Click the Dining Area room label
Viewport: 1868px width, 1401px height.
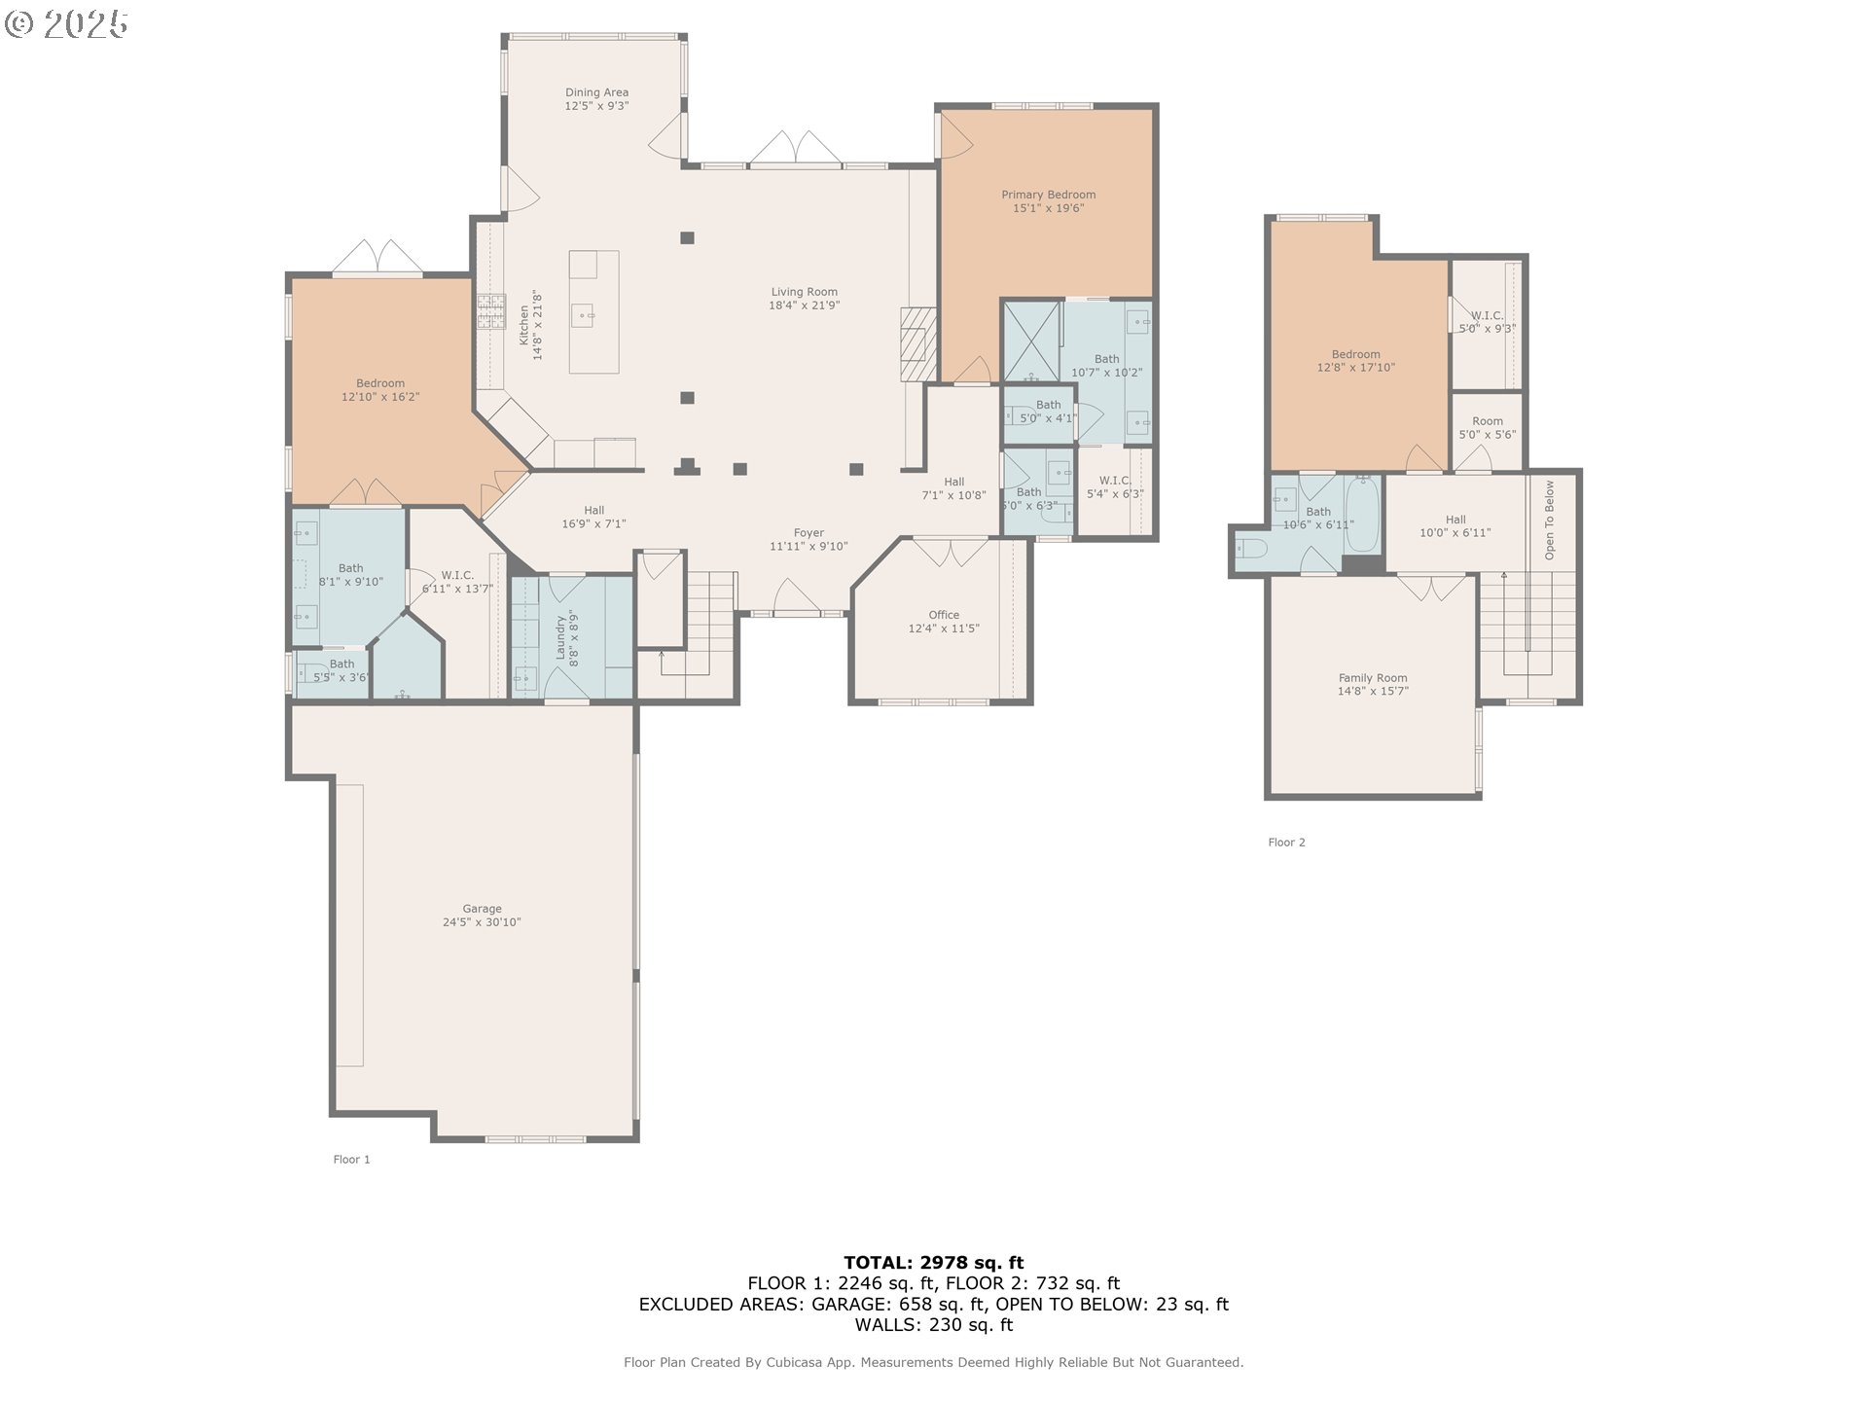pyautogui.click(x=596, y=92)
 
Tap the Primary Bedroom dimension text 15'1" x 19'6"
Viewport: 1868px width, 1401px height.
pyautogui.click(x=1048, y=208)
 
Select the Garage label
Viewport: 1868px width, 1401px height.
pyautogui.click(x=482, y=909)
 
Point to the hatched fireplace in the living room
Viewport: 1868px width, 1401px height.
pyautogui.click(x=916, y=344)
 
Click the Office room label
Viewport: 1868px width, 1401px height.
pyautogui.click(x=943, y=615)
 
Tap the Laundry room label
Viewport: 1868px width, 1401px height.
pyautogui.click(x=560, y=637)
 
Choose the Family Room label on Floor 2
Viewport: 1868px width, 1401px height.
pyautogui.click(x=1372, y=678)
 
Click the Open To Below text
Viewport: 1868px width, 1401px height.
pyautogui.click(x=1549, y=520)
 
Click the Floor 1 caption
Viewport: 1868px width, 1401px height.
pyautogui.click(x=351, y=1160)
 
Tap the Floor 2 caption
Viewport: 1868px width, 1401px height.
pyautogui.click(x=1286, y=843)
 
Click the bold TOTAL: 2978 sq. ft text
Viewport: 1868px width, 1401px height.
pyautogui.click(x=933, y=1263)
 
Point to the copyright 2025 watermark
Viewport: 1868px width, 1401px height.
pyautogui.click(x=66, y=24)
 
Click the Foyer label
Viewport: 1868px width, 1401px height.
pyautogui.click(x=808, y=533)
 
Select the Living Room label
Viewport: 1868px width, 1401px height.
pyautogui.click(x=804, y=292)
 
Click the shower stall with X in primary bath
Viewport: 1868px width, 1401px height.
pyautogui.click(x=1031, y=341)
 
